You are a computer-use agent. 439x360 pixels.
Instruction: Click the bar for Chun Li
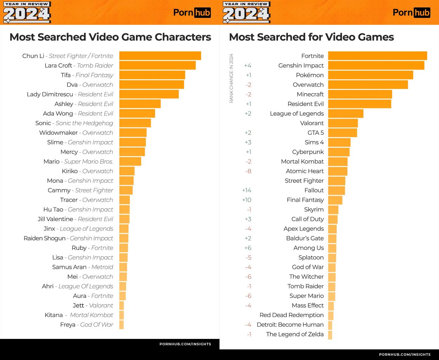coord(160,56)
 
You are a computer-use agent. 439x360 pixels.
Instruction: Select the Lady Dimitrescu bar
coord(149,94)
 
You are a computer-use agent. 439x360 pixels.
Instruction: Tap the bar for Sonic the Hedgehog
coord(135,123)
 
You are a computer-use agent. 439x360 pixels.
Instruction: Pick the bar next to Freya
coord(122,324)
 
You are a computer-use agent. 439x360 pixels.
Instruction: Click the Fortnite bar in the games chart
coord(378,56)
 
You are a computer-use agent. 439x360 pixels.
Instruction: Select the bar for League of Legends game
coord(346,114)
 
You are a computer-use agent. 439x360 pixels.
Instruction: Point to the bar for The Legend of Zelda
coord(330,334)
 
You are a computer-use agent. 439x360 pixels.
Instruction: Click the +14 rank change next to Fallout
coord(247,190)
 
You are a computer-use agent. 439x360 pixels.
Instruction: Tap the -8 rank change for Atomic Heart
coord(248,171)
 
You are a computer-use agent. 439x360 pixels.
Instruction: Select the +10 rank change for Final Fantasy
coord(247,200)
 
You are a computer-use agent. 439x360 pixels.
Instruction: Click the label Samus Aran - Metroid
coord(83,267)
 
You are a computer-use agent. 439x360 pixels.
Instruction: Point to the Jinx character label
coord(78,229)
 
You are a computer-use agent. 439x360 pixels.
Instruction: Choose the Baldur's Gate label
coord(305,238)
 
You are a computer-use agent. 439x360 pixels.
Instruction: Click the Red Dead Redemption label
coord(291,315)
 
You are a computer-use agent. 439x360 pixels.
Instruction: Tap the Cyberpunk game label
coord(308,152)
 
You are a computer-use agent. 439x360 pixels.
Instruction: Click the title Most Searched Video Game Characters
coord(110,37)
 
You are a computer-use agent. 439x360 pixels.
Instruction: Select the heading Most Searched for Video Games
coord(311,37)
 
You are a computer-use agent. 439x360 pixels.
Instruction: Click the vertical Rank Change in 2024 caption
coord(231,78)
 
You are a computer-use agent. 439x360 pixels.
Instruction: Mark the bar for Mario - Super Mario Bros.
coord(130,161)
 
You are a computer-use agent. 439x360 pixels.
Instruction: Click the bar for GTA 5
coord(342,133)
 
